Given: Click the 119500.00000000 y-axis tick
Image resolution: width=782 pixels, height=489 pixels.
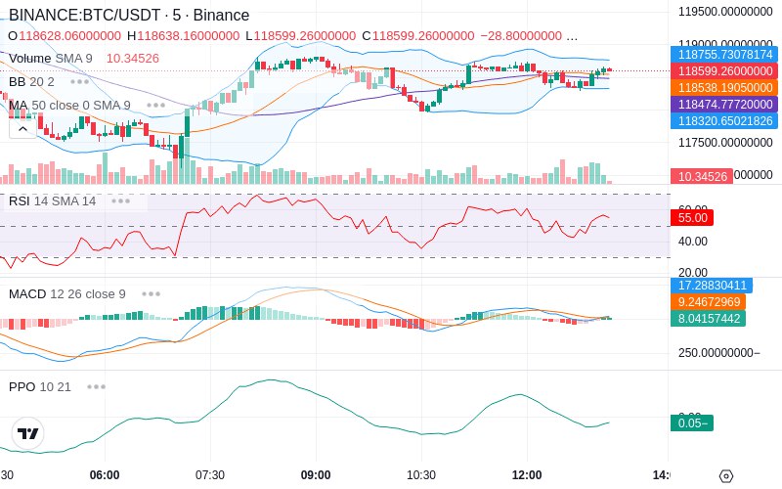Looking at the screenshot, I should [x=726, y=13].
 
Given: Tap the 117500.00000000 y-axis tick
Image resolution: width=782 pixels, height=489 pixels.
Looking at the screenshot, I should [x=726, y=143].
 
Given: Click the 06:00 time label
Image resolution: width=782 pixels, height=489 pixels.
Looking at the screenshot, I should [x=105, y=474].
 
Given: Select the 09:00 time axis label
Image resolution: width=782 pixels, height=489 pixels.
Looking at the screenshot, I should [x=316, y=474].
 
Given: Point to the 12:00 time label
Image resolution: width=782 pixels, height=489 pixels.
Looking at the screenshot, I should [x=527, y=474].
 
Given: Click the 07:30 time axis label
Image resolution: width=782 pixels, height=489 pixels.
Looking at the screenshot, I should [x=210, y=474].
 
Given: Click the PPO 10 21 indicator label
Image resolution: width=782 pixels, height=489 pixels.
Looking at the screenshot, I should [x=40, y=386].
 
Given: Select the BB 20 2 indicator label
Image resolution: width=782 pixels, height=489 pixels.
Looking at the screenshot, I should [x=31, y=81].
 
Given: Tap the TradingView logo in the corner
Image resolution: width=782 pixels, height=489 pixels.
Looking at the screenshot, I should [x=28, y=433].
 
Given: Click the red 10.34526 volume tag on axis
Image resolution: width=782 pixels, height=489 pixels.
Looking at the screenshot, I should [x=700, y=176].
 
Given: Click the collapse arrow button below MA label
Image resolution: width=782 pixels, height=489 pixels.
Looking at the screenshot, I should [x=22, y=127].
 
